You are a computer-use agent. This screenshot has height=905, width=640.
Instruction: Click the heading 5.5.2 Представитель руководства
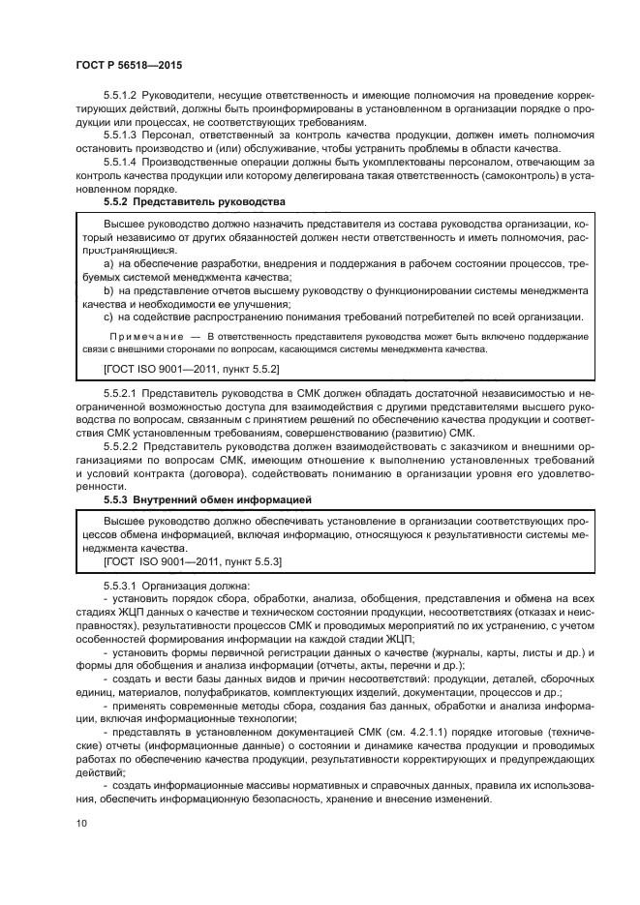pos(194,202)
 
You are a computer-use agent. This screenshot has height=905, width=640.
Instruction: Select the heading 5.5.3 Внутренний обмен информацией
pos(206,498)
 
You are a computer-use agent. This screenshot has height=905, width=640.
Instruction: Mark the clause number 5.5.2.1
pos(124,392)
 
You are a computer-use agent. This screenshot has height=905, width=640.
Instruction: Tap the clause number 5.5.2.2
pos(124,446)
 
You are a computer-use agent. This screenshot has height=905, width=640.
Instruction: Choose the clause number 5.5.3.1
pos(124,586)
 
